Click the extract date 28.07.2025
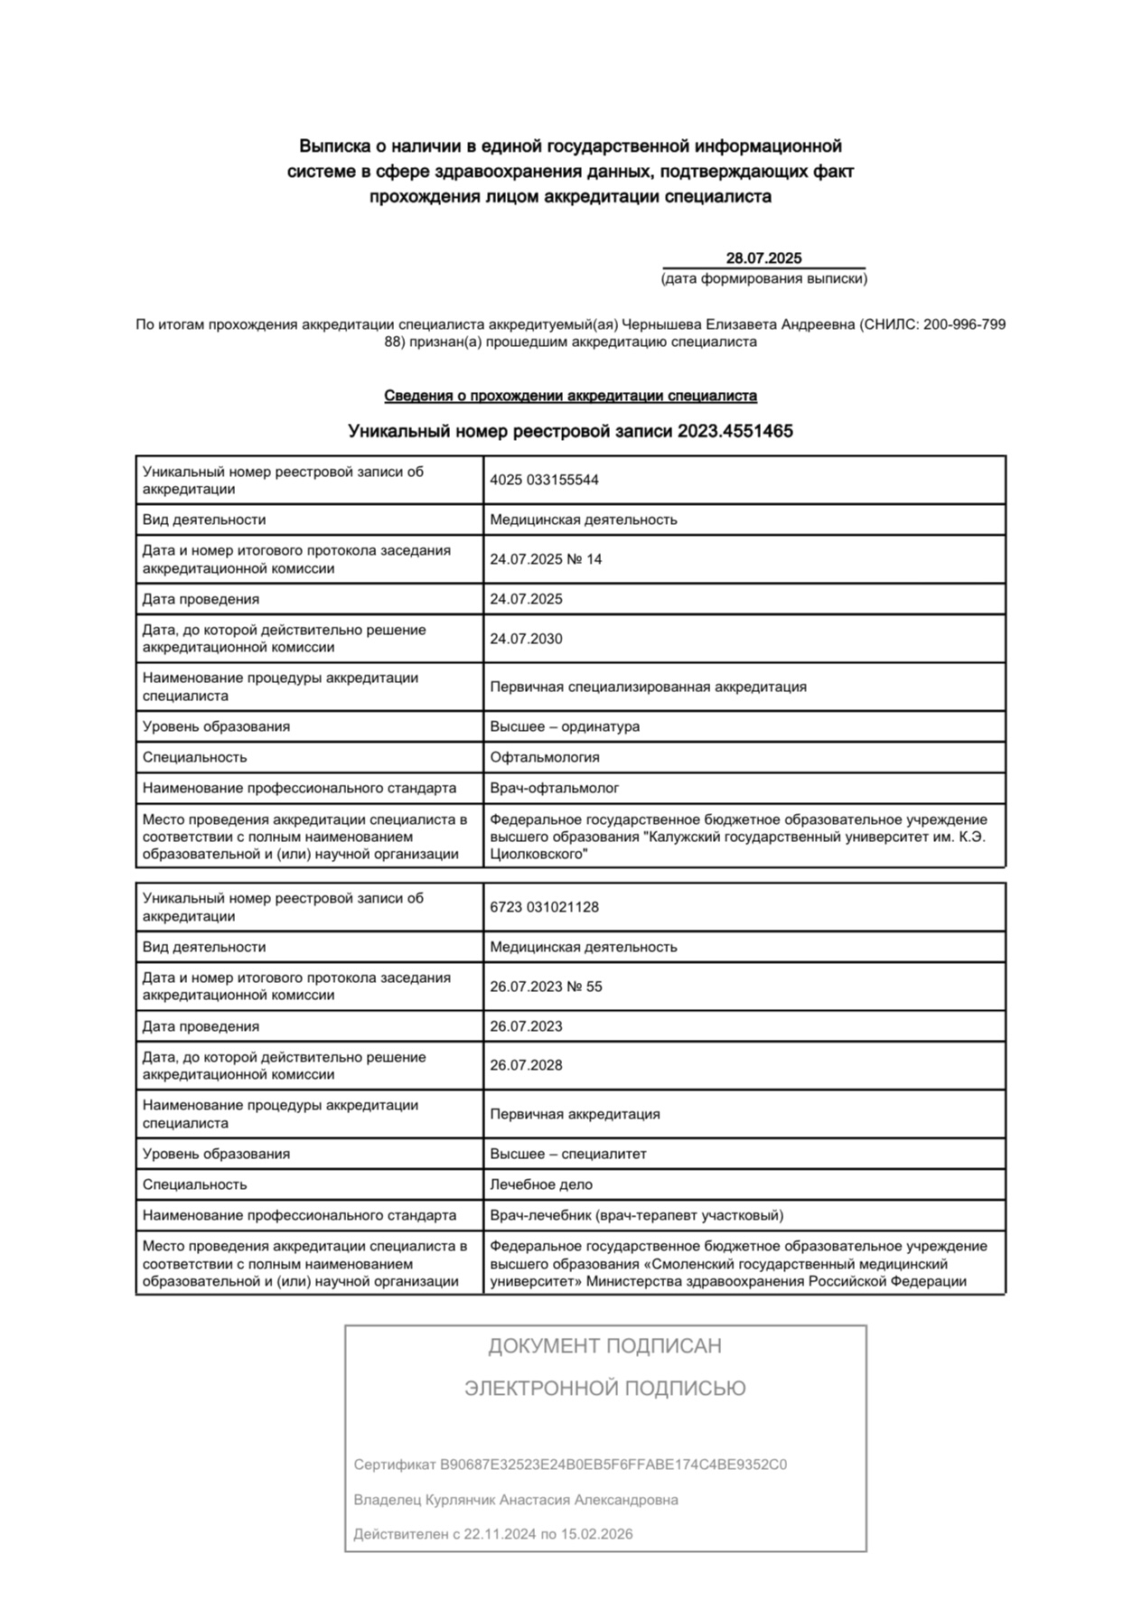pyautogui.click(x=763, y=258)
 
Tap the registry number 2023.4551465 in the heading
pyautogui.click(x=735, y=432)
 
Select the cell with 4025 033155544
pyautogui.click(x=544, y=480)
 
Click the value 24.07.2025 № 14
pyautogui.click(x=546, y=559)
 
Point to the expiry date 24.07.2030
pyautogui.click(x=526, y=639)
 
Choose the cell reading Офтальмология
pyautogui.click(x=544, y=757)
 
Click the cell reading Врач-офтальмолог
pyautogui.click(x=554, y=788)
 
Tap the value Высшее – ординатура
pyautogui.click(x=565, y=726)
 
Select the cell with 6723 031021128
pyautogui.click(x=544, y=907)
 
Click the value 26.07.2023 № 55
pyautogui.click(x=546, y=987)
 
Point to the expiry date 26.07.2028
pyautogui.click(x=526, y=1065)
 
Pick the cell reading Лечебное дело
pyautogui.click(x=541, y=1184)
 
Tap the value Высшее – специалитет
pyautogui.click(x=568, y=1154)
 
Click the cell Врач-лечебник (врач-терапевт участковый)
pyautogui.click(x=637, y=1215)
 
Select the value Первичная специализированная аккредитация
pyautogui.click(x=648, y=687)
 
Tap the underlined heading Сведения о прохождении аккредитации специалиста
pyautogui.click(x=570, y=396)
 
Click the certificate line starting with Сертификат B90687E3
pyautogui.click(x=570, y=1464)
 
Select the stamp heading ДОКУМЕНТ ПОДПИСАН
pyautogui.click(x=604, y=1346)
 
